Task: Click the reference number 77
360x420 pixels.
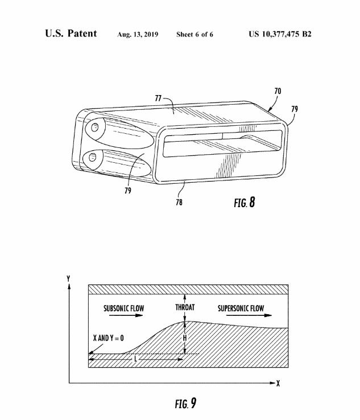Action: [x=158, y=98]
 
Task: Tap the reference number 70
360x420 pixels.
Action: [x=278, y=91]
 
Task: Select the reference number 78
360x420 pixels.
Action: [x=179, y=202]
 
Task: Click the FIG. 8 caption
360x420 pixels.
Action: [x=245, y=202]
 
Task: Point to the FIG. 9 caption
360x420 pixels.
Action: [x=185, y=403]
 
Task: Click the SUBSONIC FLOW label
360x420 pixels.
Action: [x=123, y=308]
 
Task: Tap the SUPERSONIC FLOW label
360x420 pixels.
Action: [x=241, y=308]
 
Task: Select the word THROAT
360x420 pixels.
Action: [x=185, y=307]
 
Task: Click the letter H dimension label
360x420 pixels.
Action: [x=185, y=338]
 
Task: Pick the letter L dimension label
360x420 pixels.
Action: [x=136, y=359]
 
